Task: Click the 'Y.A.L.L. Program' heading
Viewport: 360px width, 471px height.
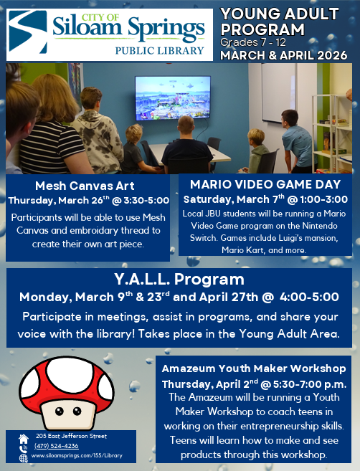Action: point(179,279)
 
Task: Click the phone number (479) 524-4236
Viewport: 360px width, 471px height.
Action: point(57,446)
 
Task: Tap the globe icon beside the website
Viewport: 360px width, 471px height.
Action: point(24,457)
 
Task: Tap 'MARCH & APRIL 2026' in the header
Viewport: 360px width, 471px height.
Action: point(285,55)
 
